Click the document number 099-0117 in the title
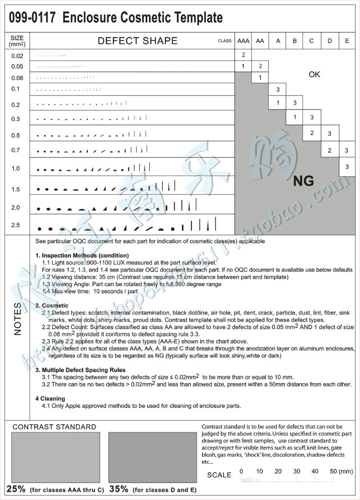click(x=32, y=18)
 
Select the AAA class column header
click(x=243, y=41)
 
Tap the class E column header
click(x=347, y=41)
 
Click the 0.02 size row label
click(x=17, y=56)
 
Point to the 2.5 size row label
click(x=16, y=225)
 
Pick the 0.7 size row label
click(x=16, y=150)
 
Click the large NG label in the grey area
click(x=303, y=181)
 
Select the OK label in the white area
click(x=314, y=74)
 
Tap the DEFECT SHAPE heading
click(x=137, y=41)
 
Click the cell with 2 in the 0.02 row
click(x=243, y=55)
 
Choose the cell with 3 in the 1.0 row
click(x=347, y=167)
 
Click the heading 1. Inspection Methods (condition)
click(x=82, y=255)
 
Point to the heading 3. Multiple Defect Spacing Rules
click(x=81, y=370)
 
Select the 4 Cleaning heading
click(x=50, y=399)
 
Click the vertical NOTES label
click(x=17, y=319)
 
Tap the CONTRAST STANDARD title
click(x=54, y=427)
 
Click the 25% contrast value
click(x=16, y=489)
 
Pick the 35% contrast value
click(x=119, y=489)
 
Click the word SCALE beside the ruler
click(x=219, y=475)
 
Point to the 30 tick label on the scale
click(x=297, y=472)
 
